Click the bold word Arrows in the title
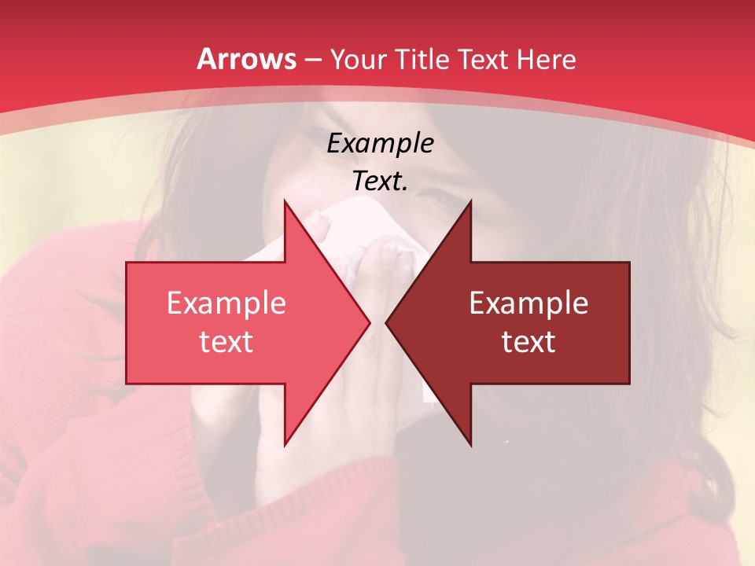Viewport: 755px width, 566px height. coord(246,59)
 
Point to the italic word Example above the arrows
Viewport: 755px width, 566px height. coord(380,143)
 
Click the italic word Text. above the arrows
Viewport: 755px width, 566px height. coord(380,181)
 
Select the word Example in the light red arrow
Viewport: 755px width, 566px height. coord(226,303)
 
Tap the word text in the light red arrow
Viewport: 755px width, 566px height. coord(226,341)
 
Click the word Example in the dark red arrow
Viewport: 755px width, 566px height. coord(528,303)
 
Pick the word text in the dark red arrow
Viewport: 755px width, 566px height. coord(528,341)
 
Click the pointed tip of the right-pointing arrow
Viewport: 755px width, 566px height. coord(370,322)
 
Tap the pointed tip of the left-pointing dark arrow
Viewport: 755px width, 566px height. coord(386,322)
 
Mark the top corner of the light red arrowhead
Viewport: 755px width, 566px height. coord(285,200)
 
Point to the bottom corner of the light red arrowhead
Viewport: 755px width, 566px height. coord(285,444)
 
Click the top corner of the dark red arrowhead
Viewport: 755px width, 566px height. coord(470,200)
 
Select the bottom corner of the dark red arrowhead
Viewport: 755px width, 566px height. coord(470,444)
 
